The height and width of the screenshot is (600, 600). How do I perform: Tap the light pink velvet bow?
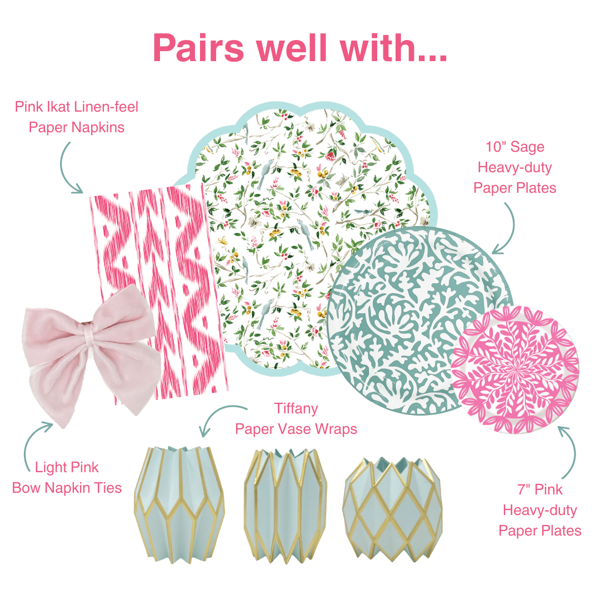pos(89,356)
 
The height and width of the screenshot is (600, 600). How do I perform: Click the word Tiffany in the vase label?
pos(296,409)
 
